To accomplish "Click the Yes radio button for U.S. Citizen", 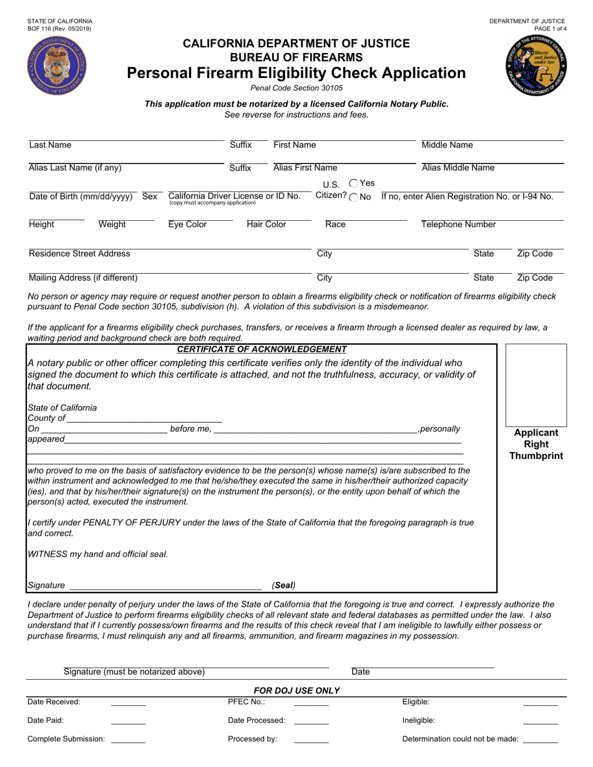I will pos(353,183).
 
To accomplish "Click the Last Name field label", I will pos(50,145).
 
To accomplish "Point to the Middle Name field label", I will pos(447,145).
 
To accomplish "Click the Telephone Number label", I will pos(458,224).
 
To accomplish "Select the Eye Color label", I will pos(187,224).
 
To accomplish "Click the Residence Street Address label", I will pos(79,254).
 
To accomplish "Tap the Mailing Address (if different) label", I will pos(83,278).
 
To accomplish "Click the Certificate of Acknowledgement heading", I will pos(262,349).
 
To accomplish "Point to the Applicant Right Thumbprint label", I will pos(536,445).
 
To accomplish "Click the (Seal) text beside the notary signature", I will pos(283,586).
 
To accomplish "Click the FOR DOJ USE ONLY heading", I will pos(296,690).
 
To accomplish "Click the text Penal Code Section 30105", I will pos(296,88).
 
